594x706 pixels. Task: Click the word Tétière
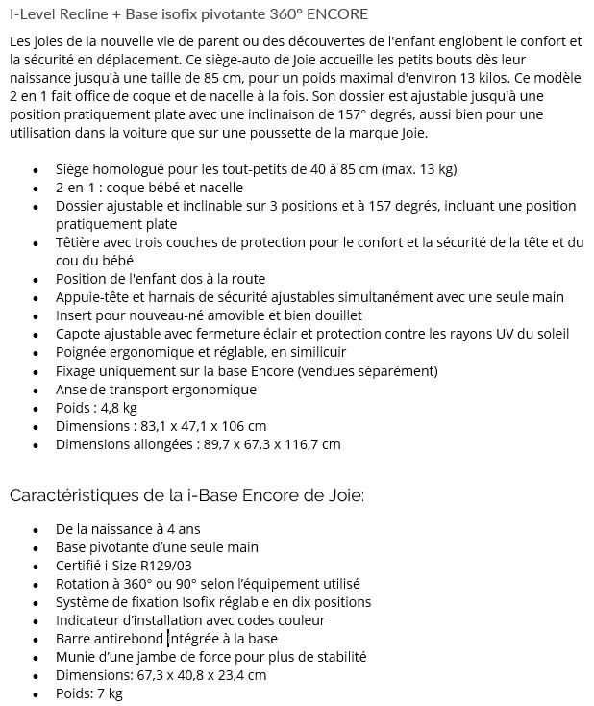pyautogui.click(x=80, y=242)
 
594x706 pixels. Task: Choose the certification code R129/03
pyautogui.click(x=164, y=566)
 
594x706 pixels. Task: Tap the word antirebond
pyautogui.click(x=127, y=639)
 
